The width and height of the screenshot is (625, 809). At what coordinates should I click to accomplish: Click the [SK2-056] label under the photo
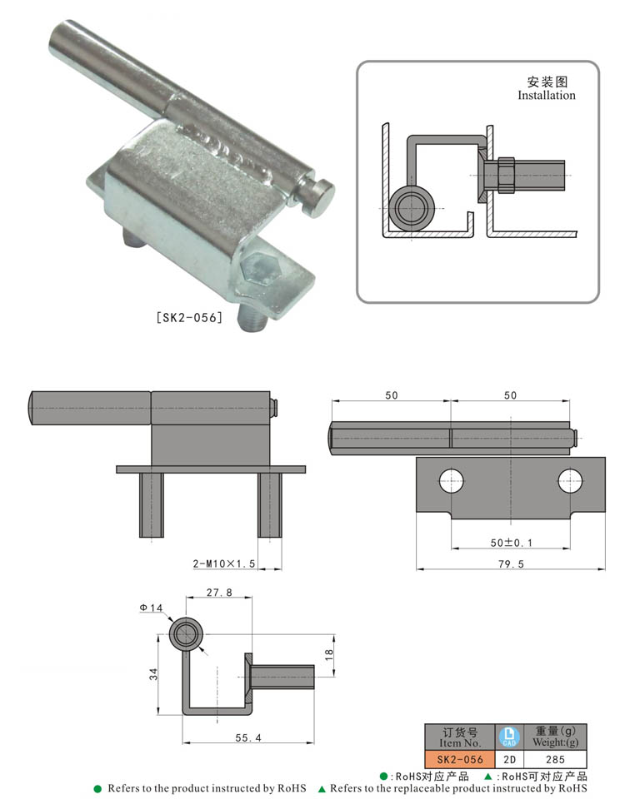coord(189,317)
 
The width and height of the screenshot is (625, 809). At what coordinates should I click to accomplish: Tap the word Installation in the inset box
coord(547,96)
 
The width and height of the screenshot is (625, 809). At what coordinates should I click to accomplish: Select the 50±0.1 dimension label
coord(511,542)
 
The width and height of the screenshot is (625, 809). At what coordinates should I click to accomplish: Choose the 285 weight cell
coord(555,759)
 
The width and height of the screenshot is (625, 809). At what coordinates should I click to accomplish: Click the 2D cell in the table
coord(509,759)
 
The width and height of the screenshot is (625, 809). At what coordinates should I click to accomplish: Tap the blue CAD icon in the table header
coord(509,737)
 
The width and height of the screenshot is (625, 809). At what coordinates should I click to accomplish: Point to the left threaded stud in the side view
coord(151,504)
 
